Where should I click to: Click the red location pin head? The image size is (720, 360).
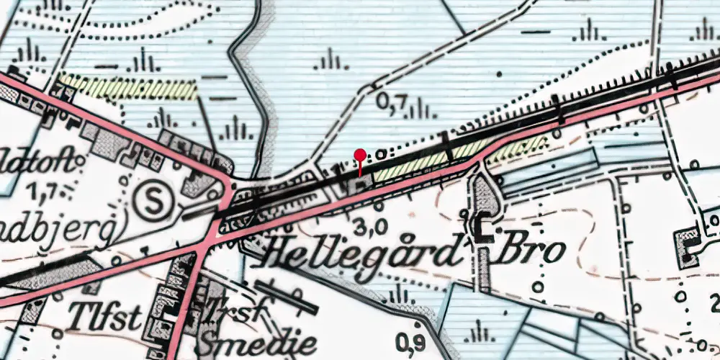360,154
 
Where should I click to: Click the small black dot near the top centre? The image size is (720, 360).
500,72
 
